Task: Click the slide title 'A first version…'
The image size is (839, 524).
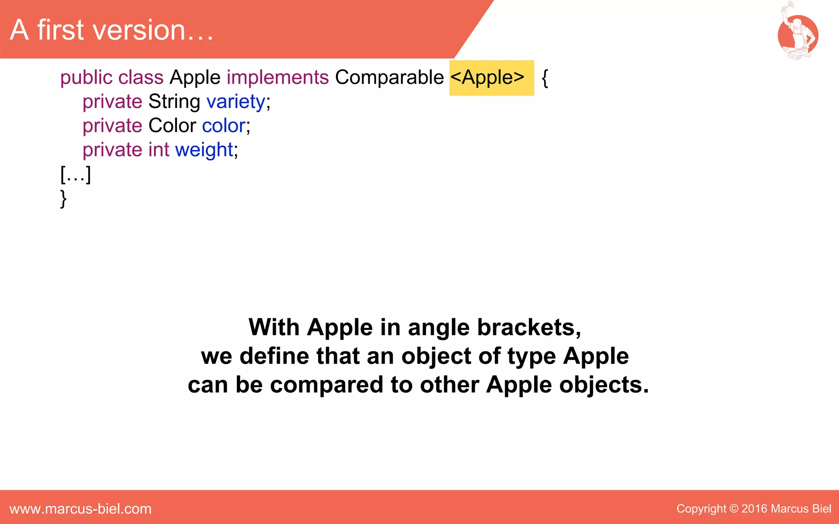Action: point(111,30)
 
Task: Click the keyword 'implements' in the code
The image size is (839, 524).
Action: point(277,77)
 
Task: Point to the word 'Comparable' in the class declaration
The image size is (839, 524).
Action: point(389,77)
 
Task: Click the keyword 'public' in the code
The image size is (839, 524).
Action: point(86,77)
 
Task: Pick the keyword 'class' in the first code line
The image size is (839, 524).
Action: point(141,77)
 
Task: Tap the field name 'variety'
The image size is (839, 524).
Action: point(236,102)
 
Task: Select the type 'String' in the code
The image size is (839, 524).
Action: point(174,102)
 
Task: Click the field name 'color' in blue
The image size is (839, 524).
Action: point(224,126)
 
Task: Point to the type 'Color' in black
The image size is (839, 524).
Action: point(172,126)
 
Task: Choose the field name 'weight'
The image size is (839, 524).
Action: point(204,150)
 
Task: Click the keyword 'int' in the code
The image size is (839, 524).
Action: point(159,150)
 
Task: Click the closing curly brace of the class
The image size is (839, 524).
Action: point(63,199)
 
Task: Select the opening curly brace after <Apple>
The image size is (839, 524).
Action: point(544,78)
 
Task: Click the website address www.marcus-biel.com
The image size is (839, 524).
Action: point(80,509)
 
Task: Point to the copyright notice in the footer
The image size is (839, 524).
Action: point(753,509)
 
